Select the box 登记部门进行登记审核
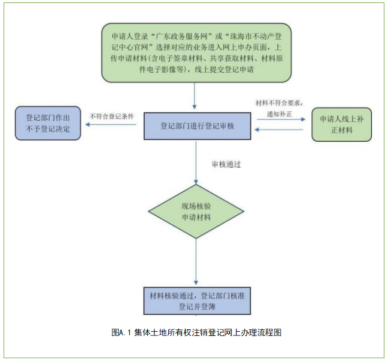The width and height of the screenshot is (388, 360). [x=195, y=126]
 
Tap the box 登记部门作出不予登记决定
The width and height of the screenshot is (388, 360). [x=47, y=122]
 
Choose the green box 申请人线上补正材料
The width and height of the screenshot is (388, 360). [x=341, y=124]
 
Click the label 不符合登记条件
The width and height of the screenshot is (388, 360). [x=112, y=116]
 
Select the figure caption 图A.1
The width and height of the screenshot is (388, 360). [x=121, y=332]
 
